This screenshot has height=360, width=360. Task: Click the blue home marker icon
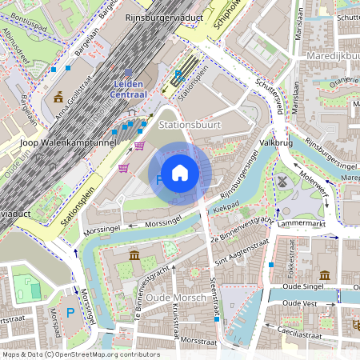point(180,173)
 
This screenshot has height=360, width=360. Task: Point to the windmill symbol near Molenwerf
point(282,180)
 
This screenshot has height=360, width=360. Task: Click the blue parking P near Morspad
point(70,313)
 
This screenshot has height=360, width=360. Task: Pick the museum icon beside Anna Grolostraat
point(59,97)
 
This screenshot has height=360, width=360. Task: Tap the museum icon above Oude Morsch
point(134,255)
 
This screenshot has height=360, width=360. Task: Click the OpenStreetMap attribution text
point(80,354)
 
